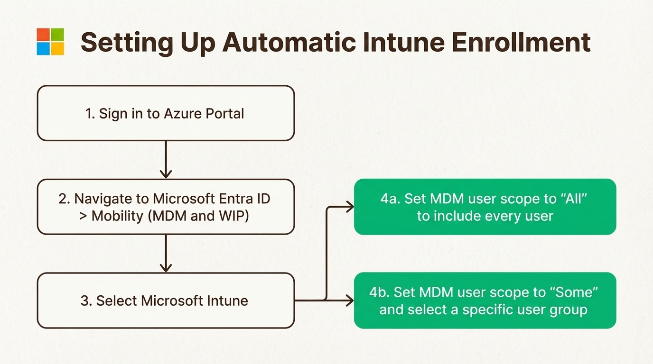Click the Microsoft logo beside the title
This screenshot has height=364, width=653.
50,42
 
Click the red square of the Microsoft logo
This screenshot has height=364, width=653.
43,35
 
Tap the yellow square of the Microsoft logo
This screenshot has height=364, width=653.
57,49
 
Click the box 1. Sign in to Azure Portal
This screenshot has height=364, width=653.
166,113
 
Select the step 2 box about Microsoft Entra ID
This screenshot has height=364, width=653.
166,207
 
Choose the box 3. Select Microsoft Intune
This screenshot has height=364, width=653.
166,300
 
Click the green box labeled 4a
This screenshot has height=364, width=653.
485,207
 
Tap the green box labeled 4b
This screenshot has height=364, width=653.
485,300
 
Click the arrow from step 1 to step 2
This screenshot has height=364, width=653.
166,159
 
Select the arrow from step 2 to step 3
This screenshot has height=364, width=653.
166,253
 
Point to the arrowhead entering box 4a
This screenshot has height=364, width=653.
350,207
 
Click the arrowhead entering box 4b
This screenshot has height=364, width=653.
350,300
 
